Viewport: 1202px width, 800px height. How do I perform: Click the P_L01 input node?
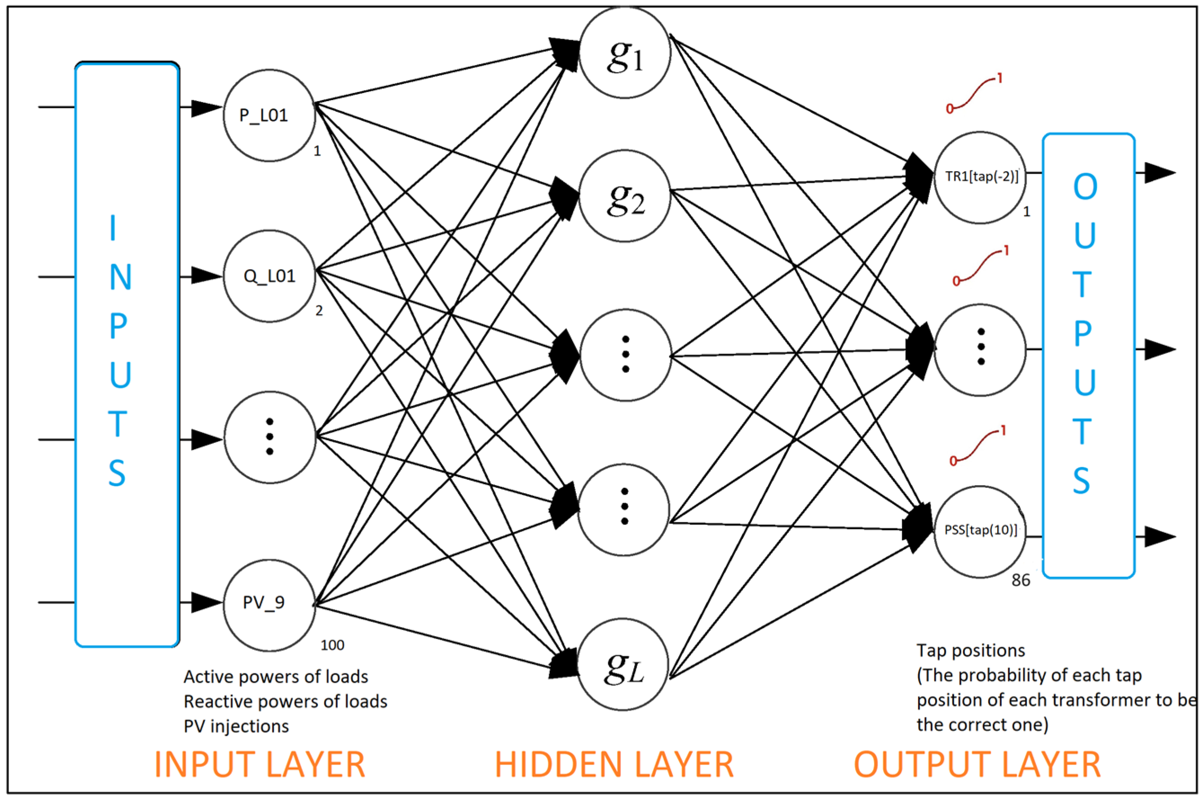pos(269,116)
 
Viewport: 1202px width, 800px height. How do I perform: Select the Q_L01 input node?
pos(269,276)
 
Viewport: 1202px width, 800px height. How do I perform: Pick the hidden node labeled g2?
pos(624,196)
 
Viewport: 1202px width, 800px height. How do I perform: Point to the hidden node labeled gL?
pos(623,665)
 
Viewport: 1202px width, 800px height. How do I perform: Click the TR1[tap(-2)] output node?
pos(980,177)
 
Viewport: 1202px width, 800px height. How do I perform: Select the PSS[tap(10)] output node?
pos(980,530)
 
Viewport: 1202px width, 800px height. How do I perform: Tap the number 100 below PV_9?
pos(332,645)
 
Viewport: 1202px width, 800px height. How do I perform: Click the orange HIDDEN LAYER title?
pos(614,764)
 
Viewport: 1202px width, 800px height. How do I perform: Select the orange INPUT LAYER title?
pos(260,764)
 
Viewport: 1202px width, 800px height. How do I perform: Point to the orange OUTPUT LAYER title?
pos(977,764)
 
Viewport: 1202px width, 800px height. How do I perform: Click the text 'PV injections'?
pos(236,726)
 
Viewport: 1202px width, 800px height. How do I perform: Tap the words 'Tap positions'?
pos(970,650)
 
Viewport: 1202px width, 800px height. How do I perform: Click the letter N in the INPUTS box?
pos(120,277)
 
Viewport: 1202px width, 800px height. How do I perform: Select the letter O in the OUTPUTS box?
pos(1085,187)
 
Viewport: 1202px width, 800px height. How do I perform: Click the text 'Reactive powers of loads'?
pos(285,702)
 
